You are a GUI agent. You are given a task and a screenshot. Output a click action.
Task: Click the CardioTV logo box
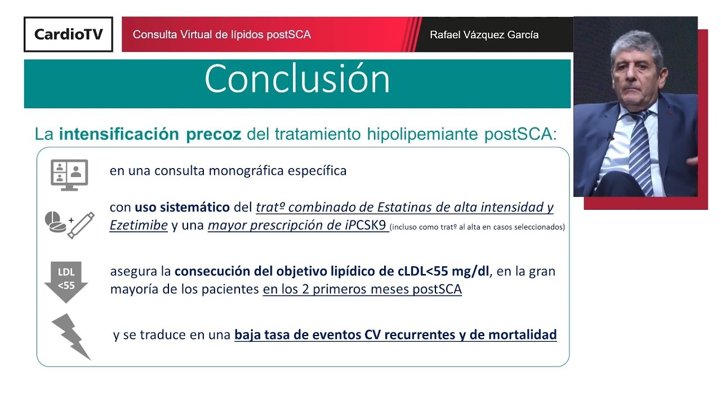[68, 34]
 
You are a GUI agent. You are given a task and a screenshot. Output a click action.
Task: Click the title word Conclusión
[297, 79]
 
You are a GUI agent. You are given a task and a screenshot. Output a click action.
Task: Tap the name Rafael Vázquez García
[484, 35]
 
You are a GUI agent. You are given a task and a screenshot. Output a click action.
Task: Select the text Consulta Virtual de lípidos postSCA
[221, 34]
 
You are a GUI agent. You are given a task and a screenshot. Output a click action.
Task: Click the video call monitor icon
[69, 175]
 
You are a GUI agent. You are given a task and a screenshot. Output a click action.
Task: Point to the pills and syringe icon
[69, 224]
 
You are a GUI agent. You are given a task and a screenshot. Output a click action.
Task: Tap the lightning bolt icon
[71, 336]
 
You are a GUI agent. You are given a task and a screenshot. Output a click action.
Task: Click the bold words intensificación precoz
[150, 134]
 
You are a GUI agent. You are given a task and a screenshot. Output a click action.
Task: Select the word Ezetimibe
[139, 226]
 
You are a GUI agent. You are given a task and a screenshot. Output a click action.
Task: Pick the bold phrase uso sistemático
[182, 207]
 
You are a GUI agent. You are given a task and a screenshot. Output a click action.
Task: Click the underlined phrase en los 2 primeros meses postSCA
[362, 290]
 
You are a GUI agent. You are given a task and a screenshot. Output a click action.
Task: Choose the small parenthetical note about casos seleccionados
[477, 227]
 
